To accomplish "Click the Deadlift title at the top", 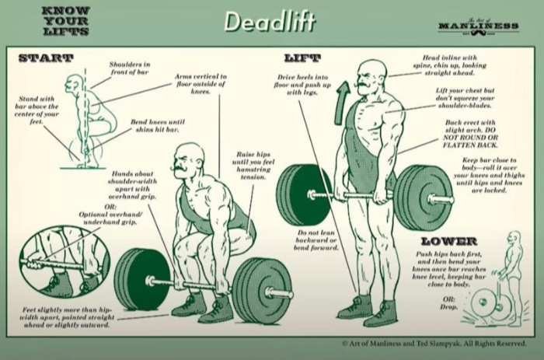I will tap(269, 22).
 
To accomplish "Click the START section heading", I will tap(45, 58).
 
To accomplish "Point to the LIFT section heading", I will tap(303, 58).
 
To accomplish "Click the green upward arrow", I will tap(340, 106).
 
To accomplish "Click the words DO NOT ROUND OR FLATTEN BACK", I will tap(471, 139).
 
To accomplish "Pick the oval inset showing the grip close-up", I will tap(58, 264).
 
